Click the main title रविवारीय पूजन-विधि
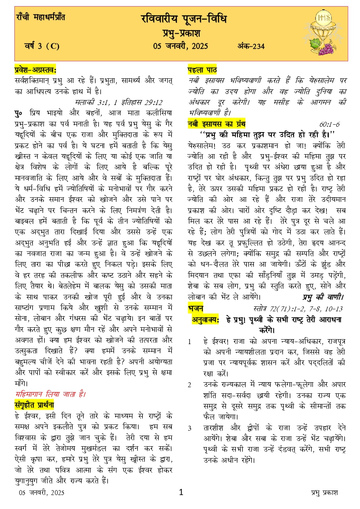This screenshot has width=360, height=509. coord(183,19)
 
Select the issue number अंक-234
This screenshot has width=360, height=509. coord(251,46)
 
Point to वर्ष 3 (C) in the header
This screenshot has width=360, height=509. coord(42,46)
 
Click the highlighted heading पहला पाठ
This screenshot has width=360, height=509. coord(202,70)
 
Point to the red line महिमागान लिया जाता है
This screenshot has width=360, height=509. coord(50,395)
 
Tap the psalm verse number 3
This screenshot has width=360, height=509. coord(189,429)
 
